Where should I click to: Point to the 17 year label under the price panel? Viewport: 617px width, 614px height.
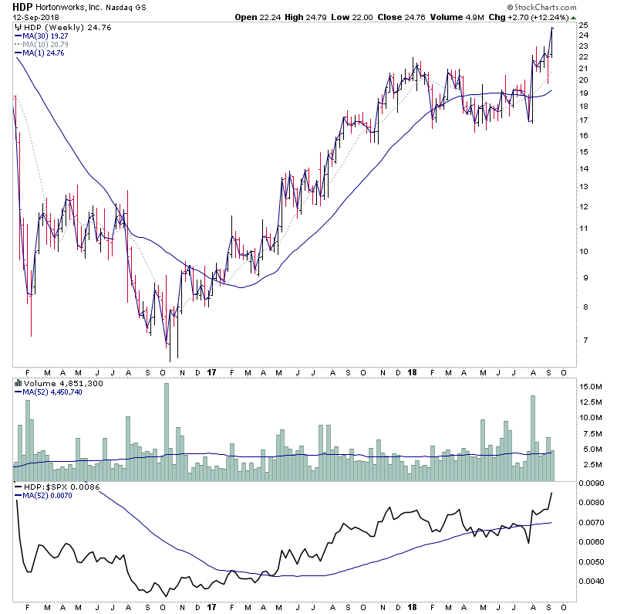point(212,371)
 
